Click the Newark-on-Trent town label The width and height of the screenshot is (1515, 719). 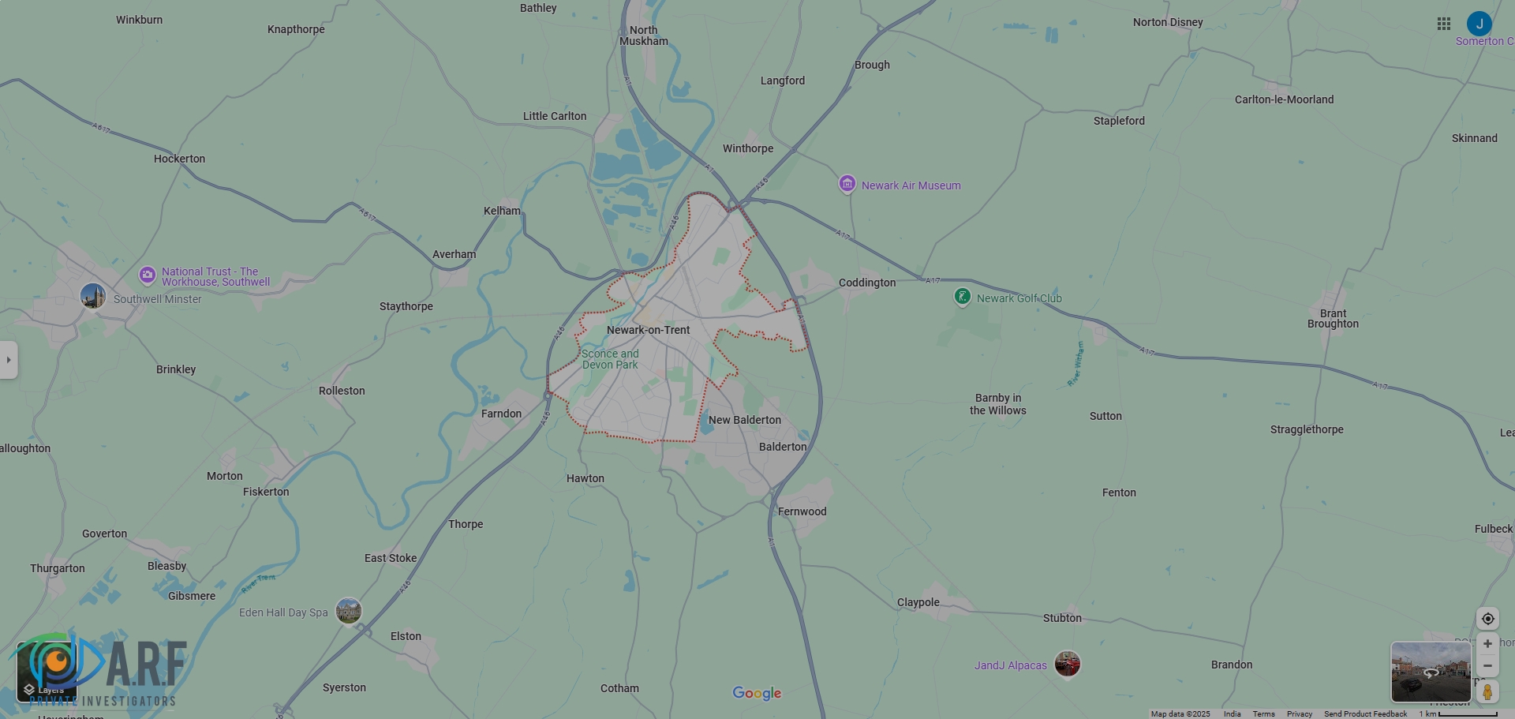coord(648,330)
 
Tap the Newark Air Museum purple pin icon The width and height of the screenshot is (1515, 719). coord(847,184)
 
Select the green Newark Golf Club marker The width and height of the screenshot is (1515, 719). coord(962,297)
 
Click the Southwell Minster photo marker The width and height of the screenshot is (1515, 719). coord(93,296)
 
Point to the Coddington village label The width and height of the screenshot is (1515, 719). coord(866,283)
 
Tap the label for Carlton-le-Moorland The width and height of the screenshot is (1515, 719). coord(1284,99)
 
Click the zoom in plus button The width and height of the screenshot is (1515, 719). coord(1487,644)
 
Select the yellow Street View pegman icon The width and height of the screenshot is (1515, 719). coord(1487,692)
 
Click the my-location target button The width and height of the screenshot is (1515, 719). coord(1487,619)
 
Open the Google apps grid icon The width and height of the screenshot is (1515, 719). coord(1444,24)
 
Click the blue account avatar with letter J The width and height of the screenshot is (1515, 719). coord(1479,24)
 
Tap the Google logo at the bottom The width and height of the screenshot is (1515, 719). coord(757,693)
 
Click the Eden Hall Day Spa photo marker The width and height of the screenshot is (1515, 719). coord(348,610)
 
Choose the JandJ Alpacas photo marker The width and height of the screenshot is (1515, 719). coord(1067,664)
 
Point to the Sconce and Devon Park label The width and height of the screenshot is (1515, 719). coord(610,359)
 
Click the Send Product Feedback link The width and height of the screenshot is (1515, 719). coord(1365,713)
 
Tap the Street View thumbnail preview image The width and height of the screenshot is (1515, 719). coord(1430,672)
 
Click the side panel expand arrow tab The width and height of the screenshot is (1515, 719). coord(9,360)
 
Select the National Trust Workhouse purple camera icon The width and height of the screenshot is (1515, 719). coord(148,275)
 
